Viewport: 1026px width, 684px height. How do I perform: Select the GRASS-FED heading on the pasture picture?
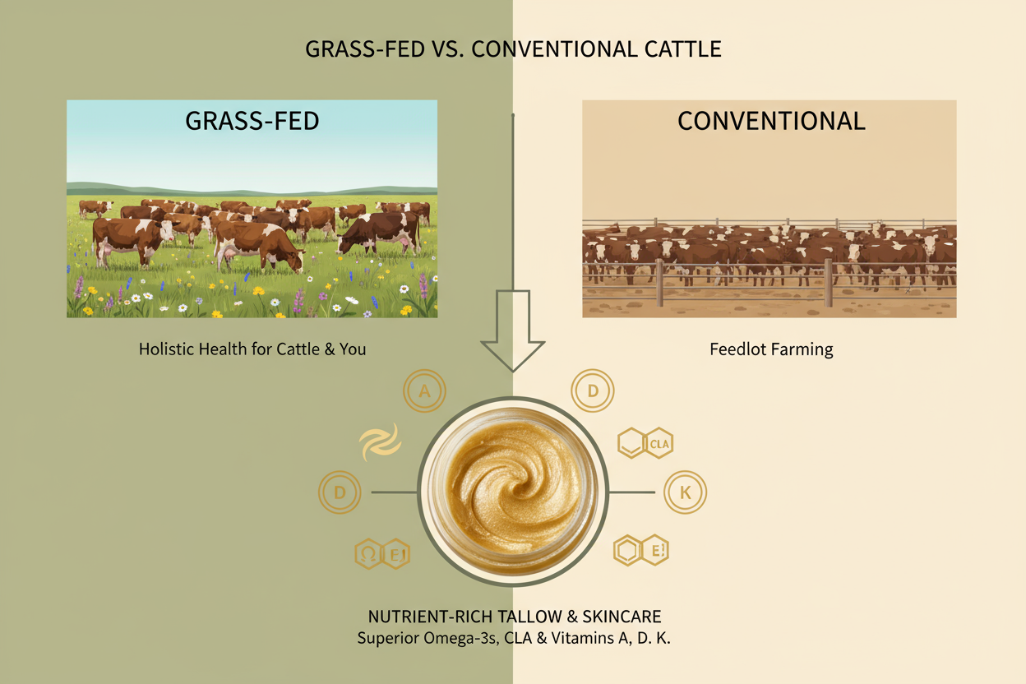tap(252, 121)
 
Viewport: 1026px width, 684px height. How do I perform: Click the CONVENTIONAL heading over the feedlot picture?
tap(770, 121)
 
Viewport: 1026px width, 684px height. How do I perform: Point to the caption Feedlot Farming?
tap(770, 349)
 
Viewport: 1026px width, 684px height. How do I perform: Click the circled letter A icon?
tap(424, 391)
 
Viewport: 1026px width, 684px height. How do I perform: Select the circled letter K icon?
tap(685, 492)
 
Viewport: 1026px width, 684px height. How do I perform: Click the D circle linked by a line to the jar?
tap(340, 492)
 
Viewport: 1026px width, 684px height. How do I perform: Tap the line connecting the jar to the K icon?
tap(635, 492)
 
